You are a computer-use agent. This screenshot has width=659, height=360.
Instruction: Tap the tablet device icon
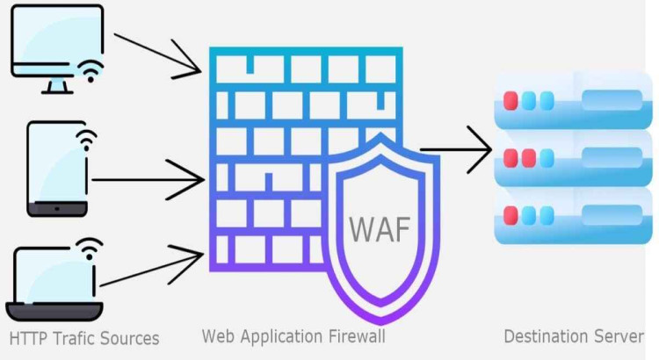pos(57,168)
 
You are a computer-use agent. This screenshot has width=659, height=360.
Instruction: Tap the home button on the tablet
pos(57,209)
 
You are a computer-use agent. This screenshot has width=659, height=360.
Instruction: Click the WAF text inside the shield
pos(379,228)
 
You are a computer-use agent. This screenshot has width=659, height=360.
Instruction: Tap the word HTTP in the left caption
pos(29,338)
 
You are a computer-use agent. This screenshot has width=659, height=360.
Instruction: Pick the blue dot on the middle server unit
pos(547,158)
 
